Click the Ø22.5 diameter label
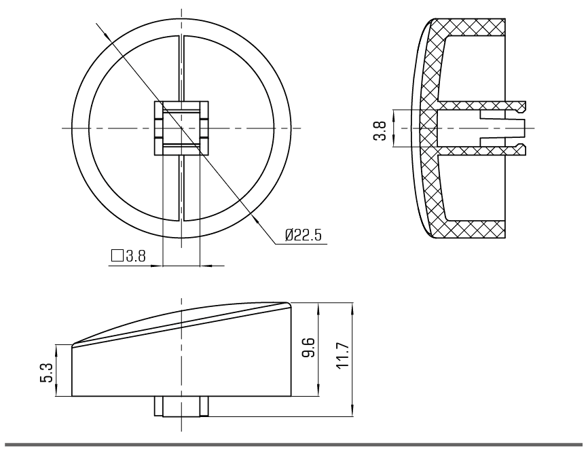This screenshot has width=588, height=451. [x=303, y=235]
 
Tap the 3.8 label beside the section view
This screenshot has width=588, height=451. [x=380, y=130]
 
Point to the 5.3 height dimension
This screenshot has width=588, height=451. [x=45, y=373]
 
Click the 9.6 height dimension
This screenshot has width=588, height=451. [x=308, y=348]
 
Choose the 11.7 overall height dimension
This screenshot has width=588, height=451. [x=343, y=356]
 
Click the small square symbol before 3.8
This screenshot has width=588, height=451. [x=117, y=255]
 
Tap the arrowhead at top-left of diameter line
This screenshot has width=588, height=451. [x=107, y=35]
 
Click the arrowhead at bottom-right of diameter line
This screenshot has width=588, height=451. [x=256, y=221]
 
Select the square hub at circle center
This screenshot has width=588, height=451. [x=181, y=128]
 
